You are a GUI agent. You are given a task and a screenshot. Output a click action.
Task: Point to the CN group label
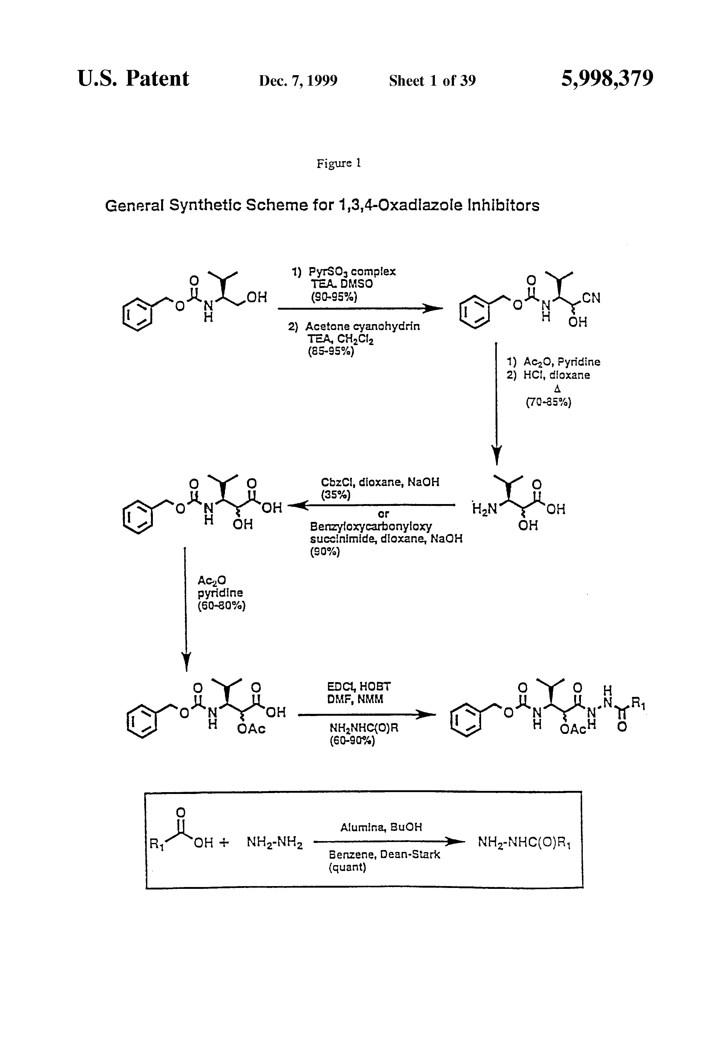[x=591, y=298]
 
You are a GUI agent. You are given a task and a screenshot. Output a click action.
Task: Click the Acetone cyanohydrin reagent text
[x=362, y=326]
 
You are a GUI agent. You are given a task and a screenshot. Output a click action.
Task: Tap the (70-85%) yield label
[x=548, y=402]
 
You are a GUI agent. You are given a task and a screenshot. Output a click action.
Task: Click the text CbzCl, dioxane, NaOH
[x=380, y=482]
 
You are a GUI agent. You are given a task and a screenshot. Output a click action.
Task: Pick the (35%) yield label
[x=335, y=495]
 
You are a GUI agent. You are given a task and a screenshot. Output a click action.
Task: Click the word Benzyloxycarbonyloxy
[x=371, y=526]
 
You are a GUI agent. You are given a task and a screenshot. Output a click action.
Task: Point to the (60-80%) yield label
[x=222, y=605]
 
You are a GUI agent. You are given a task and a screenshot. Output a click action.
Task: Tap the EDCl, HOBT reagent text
[x=359, y=687]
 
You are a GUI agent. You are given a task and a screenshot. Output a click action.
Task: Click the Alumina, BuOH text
[x=381, y=827]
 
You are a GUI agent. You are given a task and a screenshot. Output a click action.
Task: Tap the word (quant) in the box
[x=347, y=867]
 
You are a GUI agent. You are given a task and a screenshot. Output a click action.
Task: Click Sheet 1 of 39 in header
[x=432, y=81]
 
